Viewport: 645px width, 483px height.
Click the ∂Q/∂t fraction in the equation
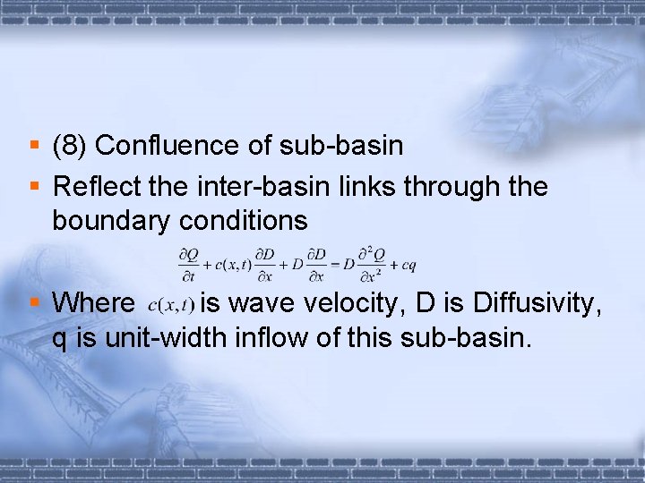(188, 263)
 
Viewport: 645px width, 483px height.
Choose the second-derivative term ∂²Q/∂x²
(369, 263)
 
